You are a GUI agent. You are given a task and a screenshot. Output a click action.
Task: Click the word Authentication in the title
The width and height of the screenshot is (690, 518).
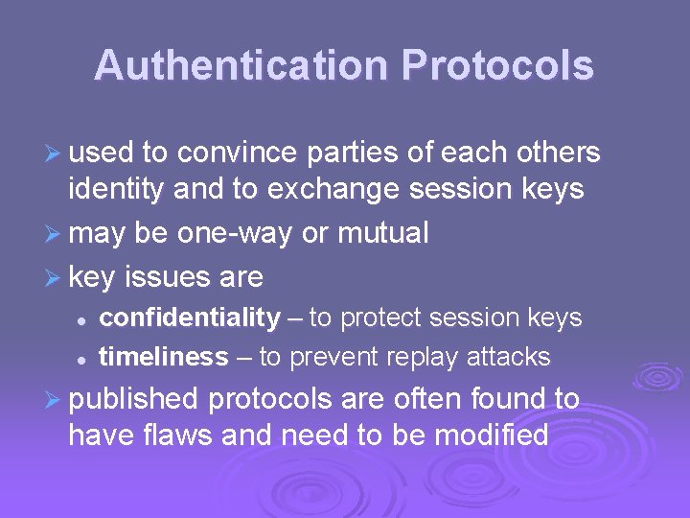(x=241, y=66)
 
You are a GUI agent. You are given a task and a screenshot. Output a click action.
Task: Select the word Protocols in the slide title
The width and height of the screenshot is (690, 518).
(x=497, y=66)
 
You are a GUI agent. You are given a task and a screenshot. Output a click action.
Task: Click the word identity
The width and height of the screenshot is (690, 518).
(x=117, y=190)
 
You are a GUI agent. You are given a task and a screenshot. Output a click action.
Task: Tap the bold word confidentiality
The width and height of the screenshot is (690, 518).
(x=190, y=318)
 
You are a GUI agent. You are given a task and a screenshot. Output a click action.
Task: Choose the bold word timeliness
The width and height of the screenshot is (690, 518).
(x=164, y=357)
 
